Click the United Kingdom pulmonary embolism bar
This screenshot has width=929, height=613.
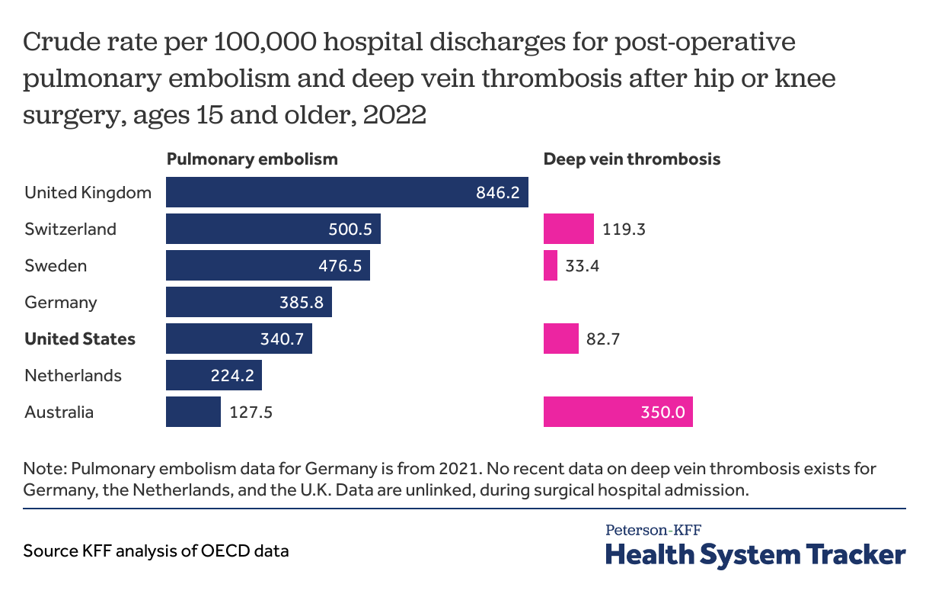pos(346,192)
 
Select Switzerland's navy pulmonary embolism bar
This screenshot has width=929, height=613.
pos(273,229)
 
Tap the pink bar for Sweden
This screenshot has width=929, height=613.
pos(551,265)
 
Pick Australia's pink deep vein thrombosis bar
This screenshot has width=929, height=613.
pos(618,412)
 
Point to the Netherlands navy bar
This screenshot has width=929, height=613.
pos(214,375)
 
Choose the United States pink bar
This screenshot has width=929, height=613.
pos(560,339)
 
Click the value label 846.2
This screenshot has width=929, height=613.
pos(497,192)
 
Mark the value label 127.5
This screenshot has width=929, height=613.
pos(251,412)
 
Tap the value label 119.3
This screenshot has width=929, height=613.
pos(624,229)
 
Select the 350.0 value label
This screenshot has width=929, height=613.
pos(664,412)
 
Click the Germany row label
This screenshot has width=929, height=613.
pos(61,303)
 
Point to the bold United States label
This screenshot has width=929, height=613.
pos(80,339)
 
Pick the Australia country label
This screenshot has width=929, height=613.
pos(59,412)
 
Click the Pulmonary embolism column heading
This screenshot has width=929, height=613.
pos(252,159)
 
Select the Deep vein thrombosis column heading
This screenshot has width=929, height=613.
pos(632,159)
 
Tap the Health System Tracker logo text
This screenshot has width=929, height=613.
pos(755,554)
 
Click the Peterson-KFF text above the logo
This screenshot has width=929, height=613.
pos(653,529)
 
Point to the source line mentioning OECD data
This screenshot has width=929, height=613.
pos(156,550)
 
